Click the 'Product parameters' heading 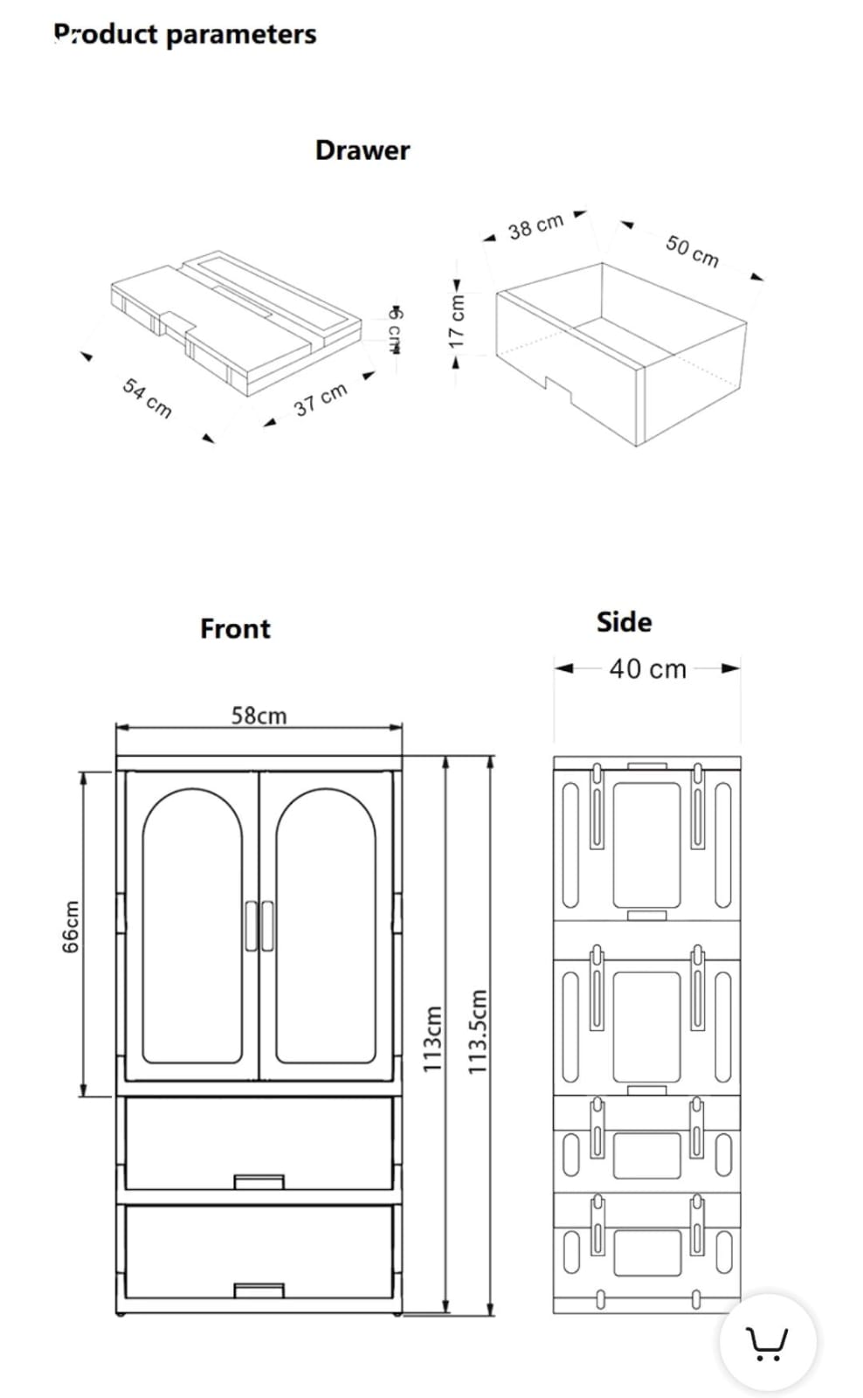coord(185,34)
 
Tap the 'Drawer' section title coord(362,150)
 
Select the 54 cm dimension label coord(148,398)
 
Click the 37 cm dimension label coord(321,399)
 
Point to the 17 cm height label coord(456,320)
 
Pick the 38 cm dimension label coord(535,226)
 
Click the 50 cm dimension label coord(692,251)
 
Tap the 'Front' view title coord(235,628)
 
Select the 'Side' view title coord(624,622)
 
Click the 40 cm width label coord(647,669)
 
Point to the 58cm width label coord(259,716)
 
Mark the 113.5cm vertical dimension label coord(477,1032)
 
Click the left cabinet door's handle coord(251,925)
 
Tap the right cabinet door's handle coord(267,925)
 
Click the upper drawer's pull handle coord(259,1181)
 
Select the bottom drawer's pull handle coord(259,1290)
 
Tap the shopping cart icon coord(767,1343)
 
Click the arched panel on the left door coord(192,926)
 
